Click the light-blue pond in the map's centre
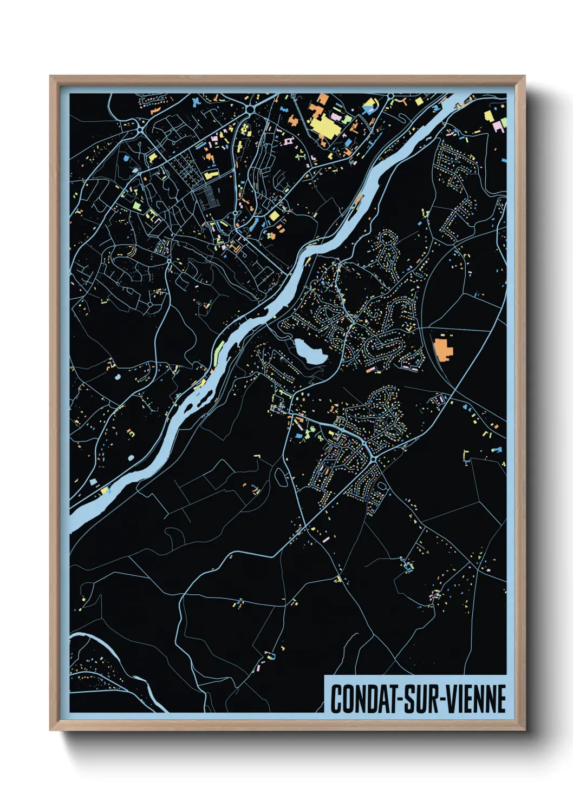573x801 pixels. pyautogui.click(x=309, y=351)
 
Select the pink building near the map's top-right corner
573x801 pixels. pyautogui.click(x=497, y=126)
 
